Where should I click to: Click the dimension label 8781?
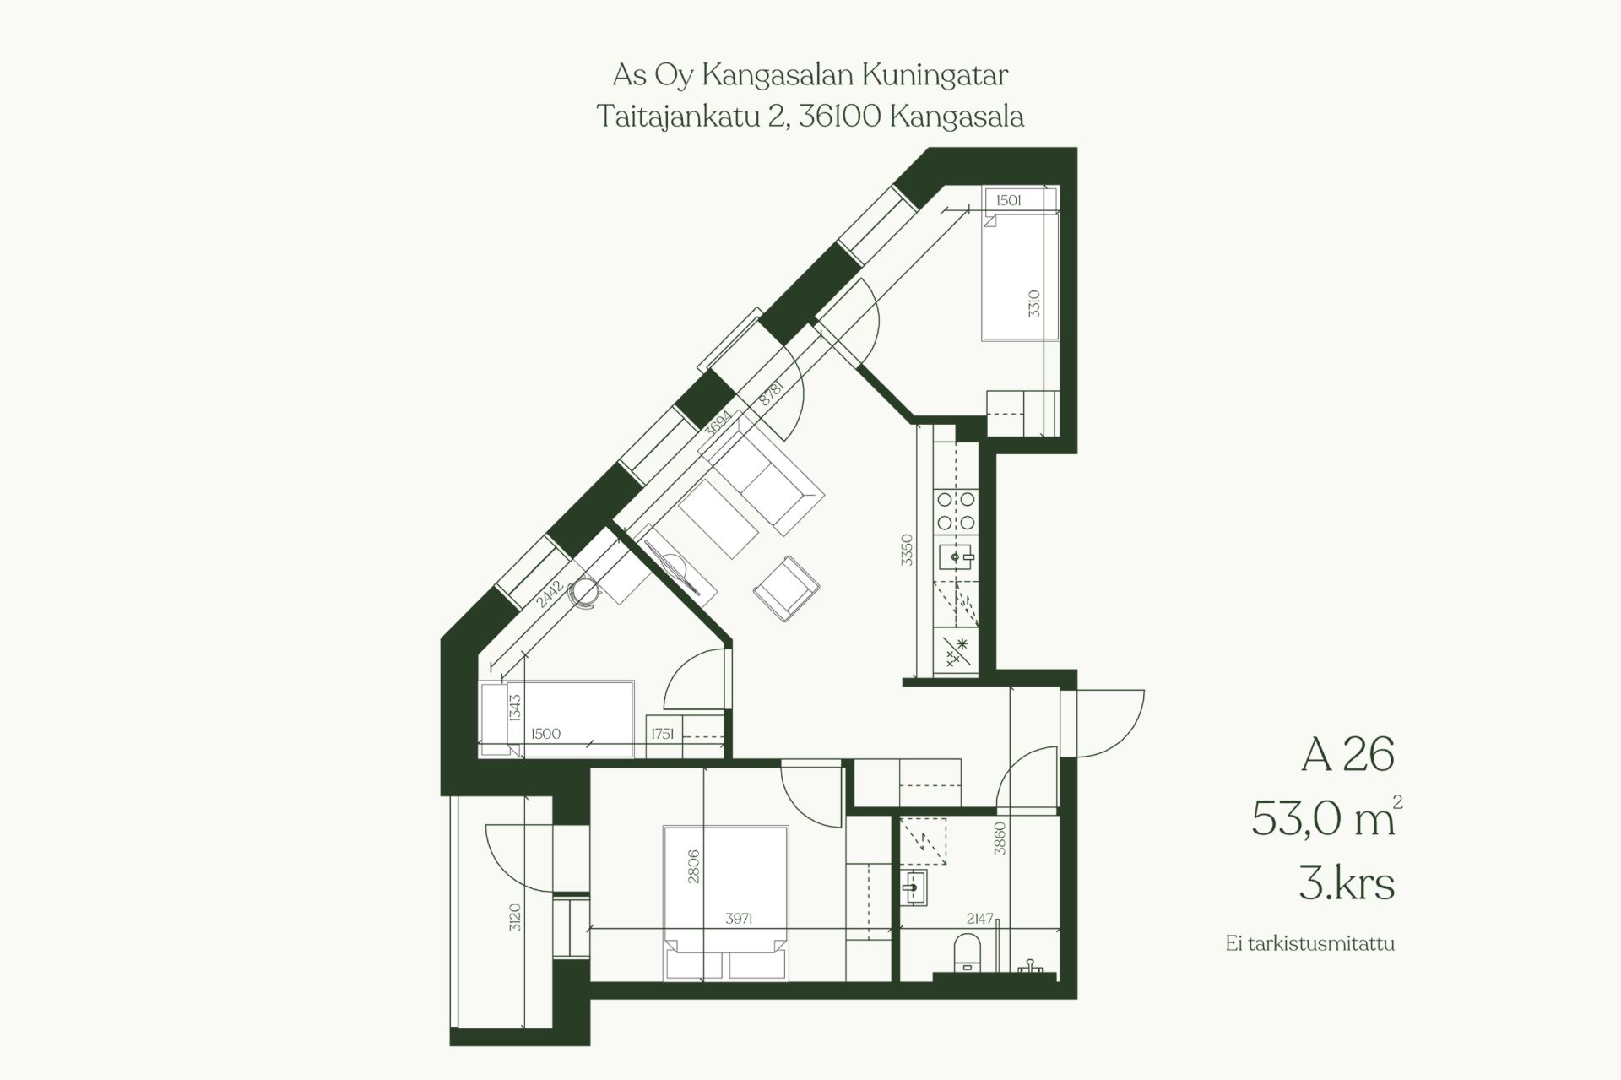coord(773,393)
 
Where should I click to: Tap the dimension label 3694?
coord(719,423)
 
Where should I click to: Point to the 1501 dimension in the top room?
coord(1009,200)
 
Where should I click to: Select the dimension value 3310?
coord(1034,303)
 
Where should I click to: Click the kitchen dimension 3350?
coord(907,550)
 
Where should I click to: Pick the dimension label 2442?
coord(550,594)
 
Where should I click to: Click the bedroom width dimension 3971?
coord(739,919)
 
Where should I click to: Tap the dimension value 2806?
coord(694,866)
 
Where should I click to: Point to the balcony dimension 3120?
coord(515,917)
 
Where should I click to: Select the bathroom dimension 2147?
coord(980,919)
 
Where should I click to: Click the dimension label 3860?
coord(1000,838)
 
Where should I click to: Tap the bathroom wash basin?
coord(914,888)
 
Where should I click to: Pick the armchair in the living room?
coord(786,589)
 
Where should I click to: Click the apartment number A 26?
coord(1347,754)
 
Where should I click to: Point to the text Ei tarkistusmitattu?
coord(1310,943)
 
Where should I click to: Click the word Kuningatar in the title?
coord(935,76)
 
